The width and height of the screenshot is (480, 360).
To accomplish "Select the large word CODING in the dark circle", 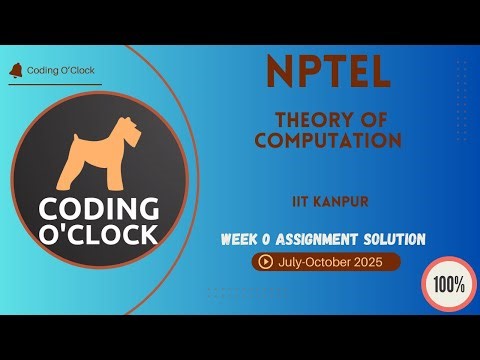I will (99, 209).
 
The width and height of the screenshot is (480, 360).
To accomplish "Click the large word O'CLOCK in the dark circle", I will (99, 234).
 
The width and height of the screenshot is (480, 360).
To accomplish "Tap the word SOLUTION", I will (398, 239).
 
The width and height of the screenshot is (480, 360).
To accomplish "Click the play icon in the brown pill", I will (265, 262).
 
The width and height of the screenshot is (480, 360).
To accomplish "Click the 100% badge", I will (449, 283).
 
